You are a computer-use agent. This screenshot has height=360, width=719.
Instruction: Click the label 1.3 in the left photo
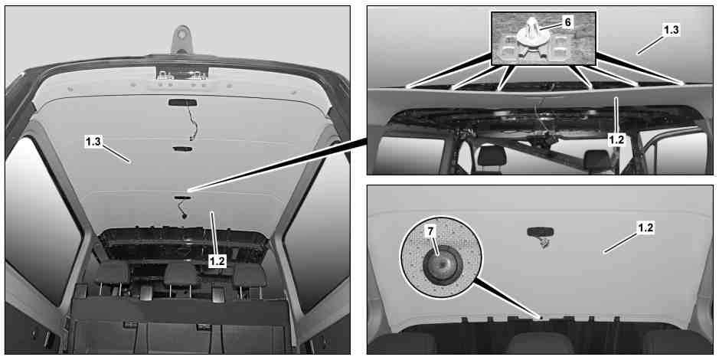click(x=93, y=142)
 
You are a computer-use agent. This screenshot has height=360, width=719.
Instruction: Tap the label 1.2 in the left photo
click(x=217, y=260)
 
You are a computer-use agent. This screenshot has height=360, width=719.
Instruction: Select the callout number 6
click(x=567, y=22)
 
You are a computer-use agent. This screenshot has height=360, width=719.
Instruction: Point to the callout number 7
click(x=430, y=231)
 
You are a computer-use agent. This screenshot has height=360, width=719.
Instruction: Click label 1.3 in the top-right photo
click(x=671, y=31)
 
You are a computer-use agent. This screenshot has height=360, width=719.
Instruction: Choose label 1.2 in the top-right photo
click(x=616, y=139)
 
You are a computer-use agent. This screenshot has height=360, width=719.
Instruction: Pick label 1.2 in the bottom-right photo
click(x=645, y=228)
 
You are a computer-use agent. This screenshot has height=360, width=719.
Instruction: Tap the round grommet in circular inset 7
click(x=443, y=267)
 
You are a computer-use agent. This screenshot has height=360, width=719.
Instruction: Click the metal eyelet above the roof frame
click(x=182, y=39)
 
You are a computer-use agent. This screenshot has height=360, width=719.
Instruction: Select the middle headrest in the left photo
click(x=182, y=275)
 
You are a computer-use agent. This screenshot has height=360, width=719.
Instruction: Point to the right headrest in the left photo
click(x=250, y=276)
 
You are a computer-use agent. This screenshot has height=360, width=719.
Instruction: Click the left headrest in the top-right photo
click(x=492, y=156)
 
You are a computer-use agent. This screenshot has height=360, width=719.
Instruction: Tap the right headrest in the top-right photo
click(x=596, y=159)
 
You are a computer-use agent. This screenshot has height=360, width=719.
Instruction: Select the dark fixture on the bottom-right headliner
click(x=541, y=233)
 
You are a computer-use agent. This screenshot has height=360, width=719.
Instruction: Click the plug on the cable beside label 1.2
click(x=185, y=215)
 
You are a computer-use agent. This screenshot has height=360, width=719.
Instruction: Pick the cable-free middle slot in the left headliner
click(x=182, y=149)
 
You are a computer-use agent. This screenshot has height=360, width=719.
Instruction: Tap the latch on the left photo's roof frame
click(x=183, y=74)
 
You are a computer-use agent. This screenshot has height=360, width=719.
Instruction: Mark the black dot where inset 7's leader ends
click(x=541, y=317)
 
